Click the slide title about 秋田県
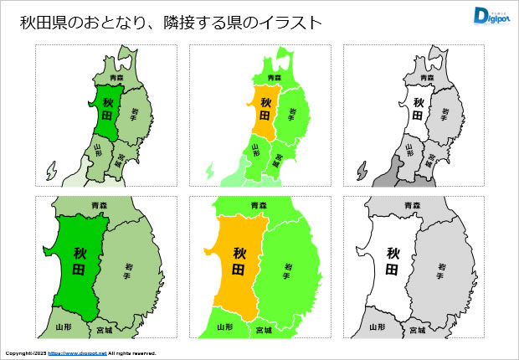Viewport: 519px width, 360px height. (171, 23)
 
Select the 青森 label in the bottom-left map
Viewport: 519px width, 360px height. (99, 204)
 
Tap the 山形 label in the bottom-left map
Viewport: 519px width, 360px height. (63, 327)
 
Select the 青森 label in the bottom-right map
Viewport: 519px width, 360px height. (410, 204)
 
